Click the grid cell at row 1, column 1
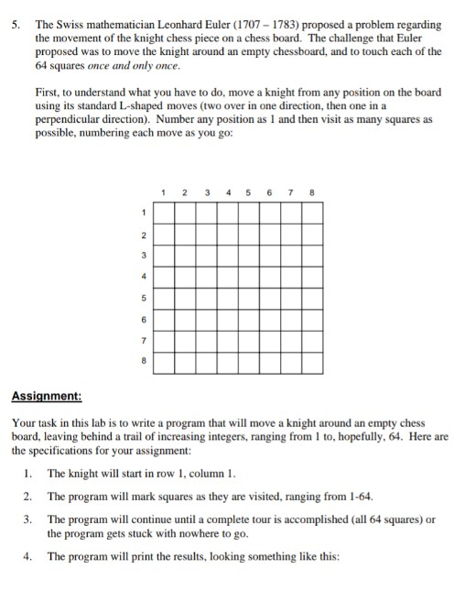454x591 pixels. click(163, 213)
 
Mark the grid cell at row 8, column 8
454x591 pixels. click(312, 362)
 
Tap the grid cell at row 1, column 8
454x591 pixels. click(312, 213)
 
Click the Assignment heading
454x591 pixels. click(47, 397)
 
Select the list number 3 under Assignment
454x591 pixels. click(29, 520)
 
